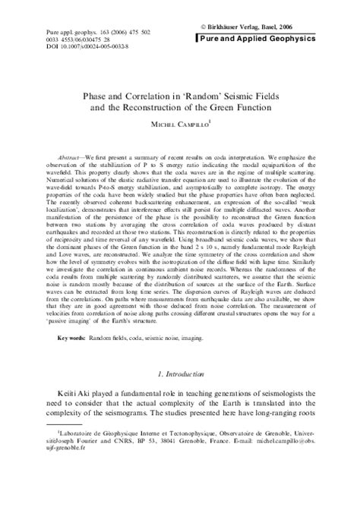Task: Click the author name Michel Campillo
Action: click(x=179, y=126)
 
